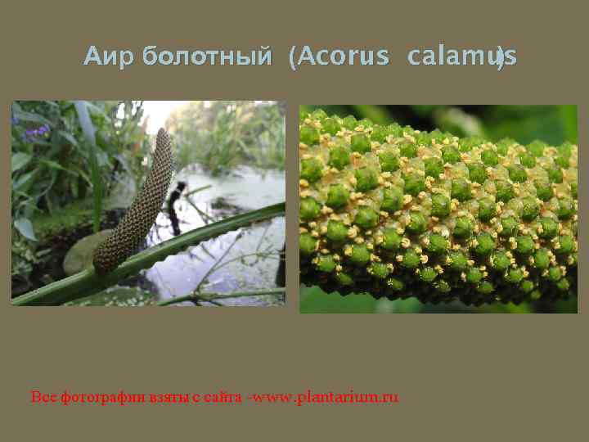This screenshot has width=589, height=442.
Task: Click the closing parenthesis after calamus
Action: click(x=500, y=58)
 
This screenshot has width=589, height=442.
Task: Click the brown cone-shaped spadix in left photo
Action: click(x=135, y=209)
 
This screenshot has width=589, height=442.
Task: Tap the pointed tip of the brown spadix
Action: click(x=165, y=133)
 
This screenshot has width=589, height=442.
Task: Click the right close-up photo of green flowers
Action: click(x=438, y=209)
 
